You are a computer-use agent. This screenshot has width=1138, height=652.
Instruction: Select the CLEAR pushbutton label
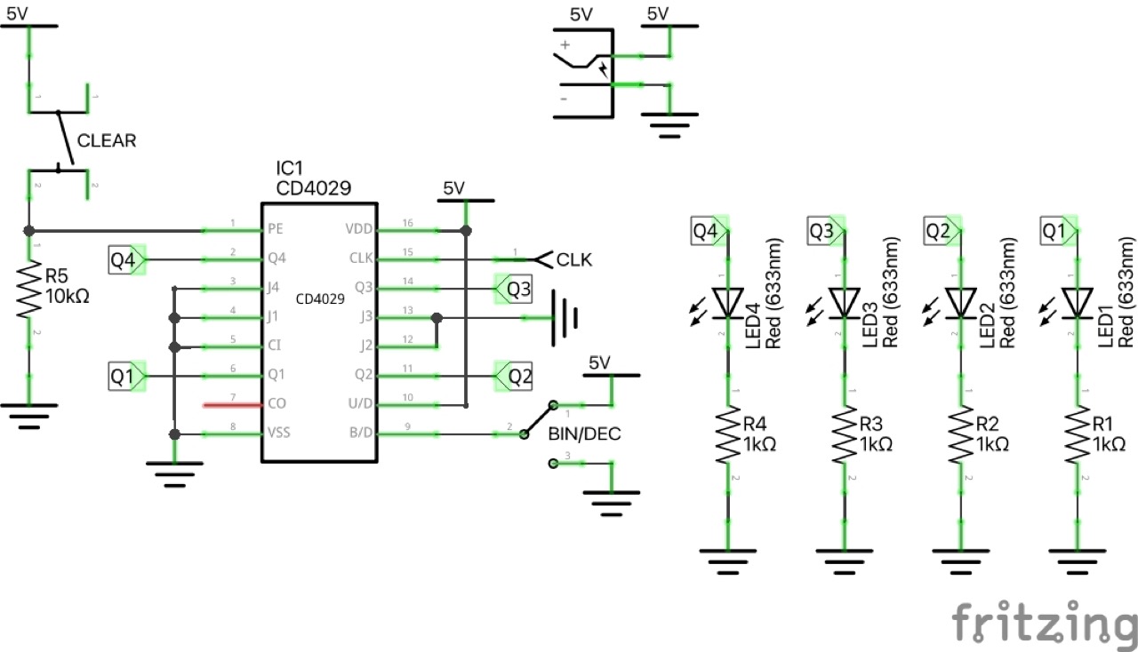(x=107, y=140)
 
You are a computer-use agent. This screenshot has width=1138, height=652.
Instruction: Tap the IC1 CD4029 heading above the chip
(x=314, y=178)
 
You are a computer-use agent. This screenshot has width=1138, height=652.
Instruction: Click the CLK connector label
(x=573, y=260)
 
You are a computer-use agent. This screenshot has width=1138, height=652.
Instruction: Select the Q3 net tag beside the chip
(x=513, y=289)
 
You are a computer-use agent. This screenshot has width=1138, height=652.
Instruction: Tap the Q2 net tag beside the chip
(x=513, y=377)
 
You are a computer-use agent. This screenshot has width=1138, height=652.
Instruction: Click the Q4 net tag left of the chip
(x=124, y=259)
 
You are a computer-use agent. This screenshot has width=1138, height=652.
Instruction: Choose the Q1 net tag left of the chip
(x=124, y=377)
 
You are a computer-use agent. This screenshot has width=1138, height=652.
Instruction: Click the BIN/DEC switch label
(x=583, y=435)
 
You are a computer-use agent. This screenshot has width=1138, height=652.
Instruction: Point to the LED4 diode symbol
(x=728, y=303)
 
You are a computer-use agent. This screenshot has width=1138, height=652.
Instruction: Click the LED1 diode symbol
(x=1077, y=303)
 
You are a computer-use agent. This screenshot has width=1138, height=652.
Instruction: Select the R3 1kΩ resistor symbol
(x=844, y=435)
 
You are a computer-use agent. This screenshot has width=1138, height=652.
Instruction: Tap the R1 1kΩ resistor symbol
(x=1077, y=435)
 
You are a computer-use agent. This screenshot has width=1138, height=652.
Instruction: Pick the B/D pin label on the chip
(x=360, y=434)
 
